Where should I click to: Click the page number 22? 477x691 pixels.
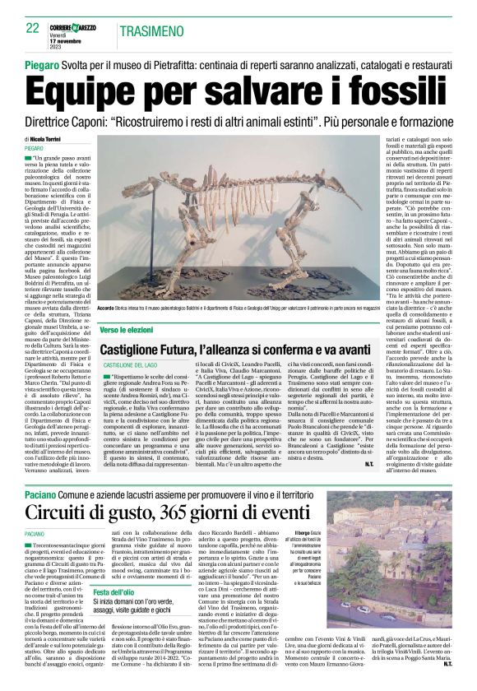(32, 28)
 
